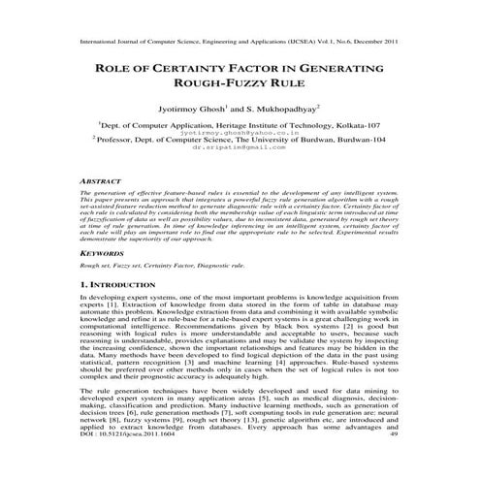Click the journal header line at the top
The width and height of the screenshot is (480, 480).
[240, 44]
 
